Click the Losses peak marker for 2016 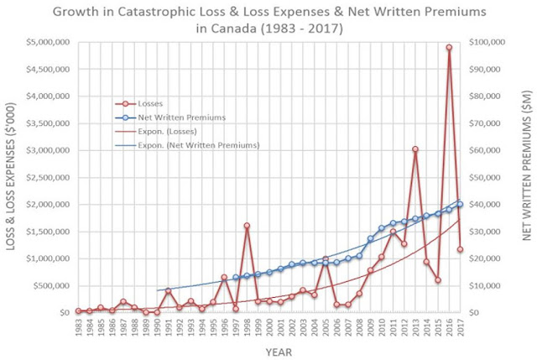tap(449, 48)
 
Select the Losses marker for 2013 tap(414, 149)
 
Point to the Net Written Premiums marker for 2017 tap(460, 204)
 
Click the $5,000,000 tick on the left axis tap(47, 42)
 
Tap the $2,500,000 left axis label tap(47, 177)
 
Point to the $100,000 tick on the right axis tap(488, 42)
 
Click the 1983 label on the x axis tap(78, 328)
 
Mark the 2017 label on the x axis tap(460, 328)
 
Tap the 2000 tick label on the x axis tap(269, 328)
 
